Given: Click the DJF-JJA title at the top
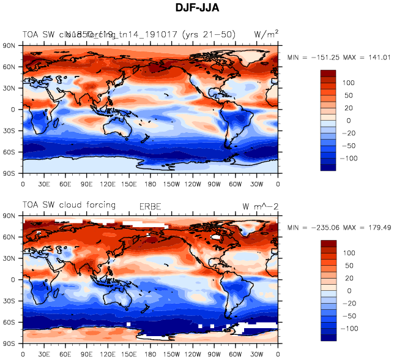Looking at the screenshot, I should coord(196,9).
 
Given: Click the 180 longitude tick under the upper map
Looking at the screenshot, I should coord(151,183).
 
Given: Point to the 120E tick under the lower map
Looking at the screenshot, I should coord(108,354).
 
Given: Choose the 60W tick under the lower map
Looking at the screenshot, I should coord(236,354).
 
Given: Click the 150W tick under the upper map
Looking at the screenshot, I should coord(172,183).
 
